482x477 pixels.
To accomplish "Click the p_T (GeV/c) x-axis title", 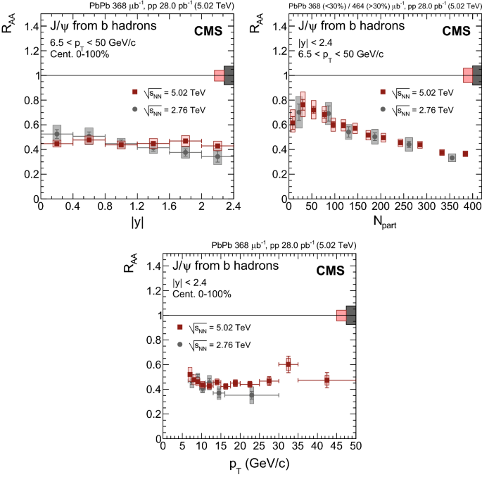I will point(259,466).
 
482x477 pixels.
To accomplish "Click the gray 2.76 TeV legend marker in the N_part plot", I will point(383,109).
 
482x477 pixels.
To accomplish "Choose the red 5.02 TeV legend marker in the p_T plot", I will point(181,328).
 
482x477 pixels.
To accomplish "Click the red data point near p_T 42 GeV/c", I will point(326,380).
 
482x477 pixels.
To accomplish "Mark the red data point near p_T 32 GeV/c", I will point(288,364).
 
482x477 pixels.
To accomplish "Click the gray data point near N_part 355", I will point(452,158).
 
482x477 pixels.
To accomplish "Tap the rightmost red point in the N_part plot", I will point(465,154).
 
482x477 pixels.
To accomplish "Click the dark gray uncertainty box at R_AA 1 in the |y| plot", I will point(229,75).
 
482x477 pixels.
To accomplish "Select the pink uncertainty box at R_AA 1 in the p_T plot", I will point(341,315).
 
